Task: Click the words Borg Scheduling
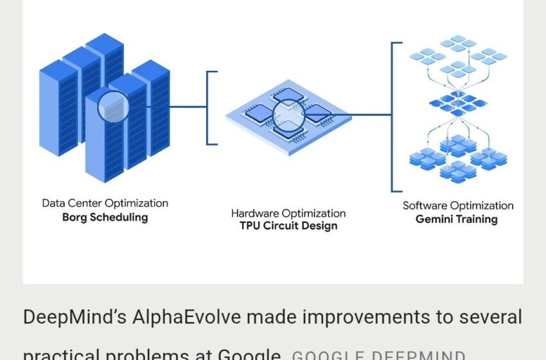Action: [105, 217]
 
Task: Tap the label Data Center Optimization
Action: [105, 203]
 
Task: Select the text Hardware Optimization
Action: [288, 213]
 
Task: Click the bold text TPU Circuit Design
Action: [288, 226]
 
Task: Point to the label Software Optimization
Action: [458, 206]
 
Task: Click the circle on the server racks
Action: [113, 106]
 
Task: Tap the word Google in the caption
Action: [249, 354]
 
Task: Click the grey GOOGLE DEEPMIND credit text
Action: [378, 355]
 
